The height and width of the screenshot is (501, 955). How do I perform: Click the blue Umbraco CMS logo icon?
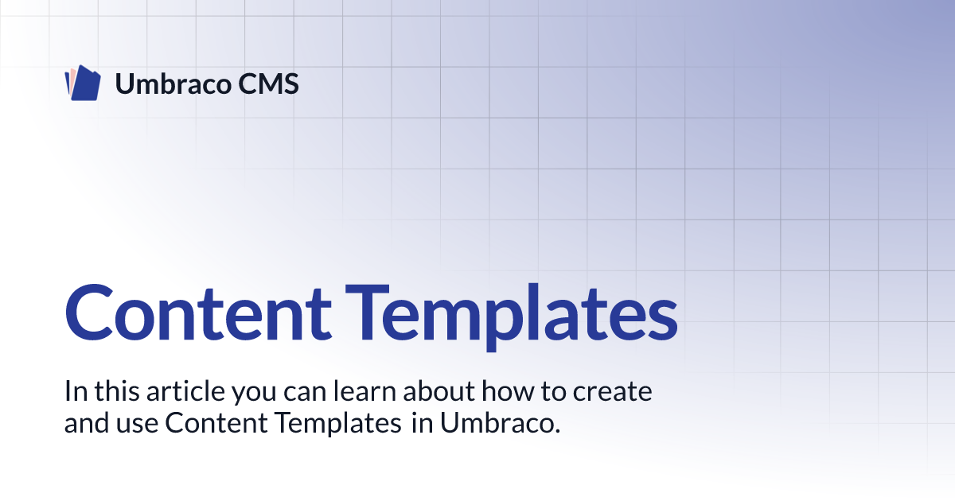pyautogui.click(x=83, y=83)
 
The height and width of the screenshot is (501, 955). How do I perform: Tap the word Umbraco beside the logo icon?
pyautogui.click(x=173, y=84)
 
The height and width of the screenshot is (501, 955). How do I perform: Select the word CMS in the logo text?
pyautogui.click(x=268, y=84)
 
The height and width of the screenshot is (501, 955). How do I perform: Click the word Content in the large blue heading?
pyautogui.click(x=198, y=313)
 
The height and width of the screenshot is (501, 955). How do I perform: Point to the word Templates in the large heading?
pyautogui.click(x=512, y=317)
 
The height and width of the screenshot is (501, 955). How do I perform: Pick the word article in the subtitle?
pyautogui.click(x=185, y=391)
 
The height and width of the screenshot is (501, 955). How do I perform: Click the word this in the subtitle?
pyautogui.click(x=117, y=391)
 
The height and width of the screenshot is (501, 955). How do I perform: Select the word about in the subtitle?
pyautogui.click(x=439, y=391)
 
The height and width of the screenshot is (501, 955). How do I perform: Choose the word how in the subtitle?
pyautogui.click(x=508, y=391)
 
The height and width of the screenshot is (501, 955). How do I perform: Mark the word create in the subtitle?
pyautogui.click(x=612, y=392)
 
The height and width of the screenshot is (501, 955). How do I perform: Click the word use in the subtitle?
pyautogui.click(x=137, y=425)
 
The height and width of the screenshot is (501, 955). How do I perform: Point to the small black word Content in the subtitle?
pyautogui.click(x=216, y=423)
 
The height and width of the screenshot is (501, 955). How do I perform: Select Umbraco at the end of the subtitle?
pyautogui.click(x=500, y=423)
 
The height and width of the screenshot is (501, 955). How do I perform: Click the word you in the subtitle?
pyautogui.click(x=254, y=394)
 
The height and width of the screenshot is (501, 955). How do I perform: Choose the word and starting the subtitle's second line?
pyautogui.click(x=87, y=423)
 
